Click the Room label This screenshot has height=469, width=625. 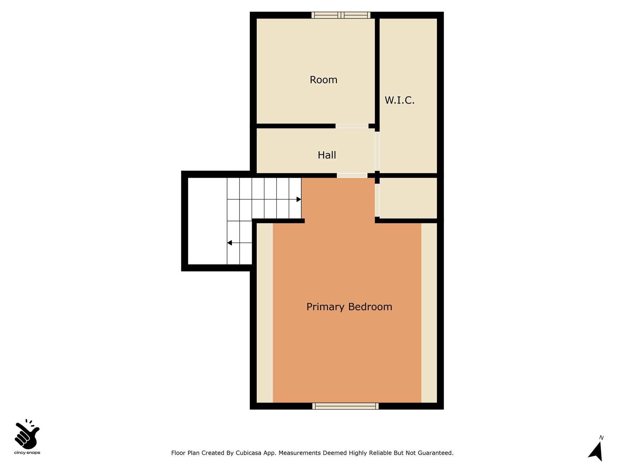[323, 80]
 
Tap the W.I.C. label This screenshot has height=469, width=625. [399, 100]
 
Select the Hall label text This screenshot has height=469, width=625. [327, 155]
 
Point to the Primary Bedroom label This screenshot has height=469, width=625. [349, 307]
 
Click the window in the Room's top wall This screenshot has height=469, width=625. [341, 15]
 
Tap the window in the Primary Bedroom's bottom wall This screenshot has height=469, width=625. [345, 406]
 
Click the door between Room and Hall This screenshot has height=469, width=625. [352, 126]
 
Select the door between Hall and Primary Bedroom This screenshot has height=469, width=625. [352, 176]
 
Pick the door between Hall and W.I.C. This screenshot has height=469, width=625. [377, 151]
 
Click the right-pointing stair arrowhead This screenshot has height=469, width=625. [299, 199]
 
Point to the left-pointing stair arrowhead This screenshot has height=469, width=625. [229, 243]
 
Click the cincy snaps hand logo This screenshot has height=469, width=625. [27, 434]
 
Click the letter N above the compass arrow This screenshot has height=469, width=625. [601, 438]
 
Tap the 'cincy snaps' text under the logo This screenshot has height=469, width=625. [27, 453]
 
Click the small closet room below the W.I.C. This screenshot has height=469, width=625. [408, 198]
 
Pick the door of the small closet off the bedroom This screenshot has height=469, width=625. [377, 200]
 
